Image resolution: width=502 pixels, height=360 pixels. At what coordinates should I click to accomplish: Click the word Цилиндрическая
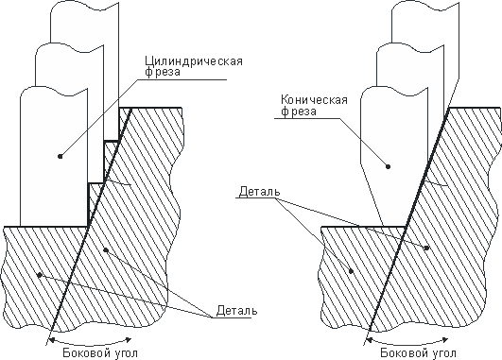coord(194,62)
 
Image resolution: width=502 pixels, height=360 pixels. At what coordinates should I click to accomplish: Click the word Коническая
coord(308,98)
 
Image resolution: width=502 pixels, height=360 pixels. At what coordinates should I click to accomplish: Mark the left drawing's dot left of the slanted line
coord(39,273)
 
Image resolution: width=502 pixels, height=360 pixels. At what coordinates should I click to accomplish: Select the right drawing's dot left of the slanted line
coord(354,269)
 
